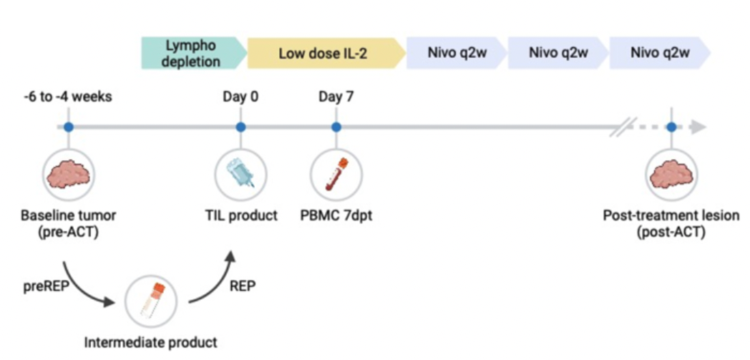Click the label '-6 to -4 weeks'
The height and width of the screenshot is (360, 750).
[x=68, y=97]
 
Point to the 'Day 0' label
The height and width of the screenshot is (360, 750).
[x=240, y=97]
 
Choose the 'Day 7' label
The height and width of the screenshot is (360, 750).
[x=336, y=97]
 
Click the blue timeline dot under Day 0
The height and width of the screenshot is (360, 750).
[x=240, y=127]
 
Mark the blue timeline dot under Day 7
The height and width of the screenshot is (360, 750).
[x=336, y=127]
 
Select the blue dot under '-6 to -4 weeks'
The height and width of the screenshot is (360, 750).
[x=68, y=127]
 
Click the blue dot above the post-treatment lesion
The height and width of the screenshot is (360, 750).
[x=671, y=127]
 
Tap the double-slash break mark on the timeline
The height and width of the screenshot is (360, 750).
[x=619, y=127]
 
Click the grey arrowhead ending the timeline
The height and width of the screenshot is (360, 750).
[x=699, y=127]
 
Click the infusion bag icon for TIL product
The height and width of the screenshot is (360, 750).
[x=240, y=174]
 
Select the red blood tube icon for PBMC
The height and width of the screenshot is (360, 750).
[x=336, y=174]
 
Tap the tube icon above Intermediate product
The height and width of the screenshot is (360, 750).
[x=151, y=299]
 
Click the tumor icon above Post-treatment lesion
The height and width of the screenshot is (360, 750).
[x=671, y=174]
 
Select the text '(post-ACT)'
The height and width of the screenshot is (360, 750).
[x=671, y=232]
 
